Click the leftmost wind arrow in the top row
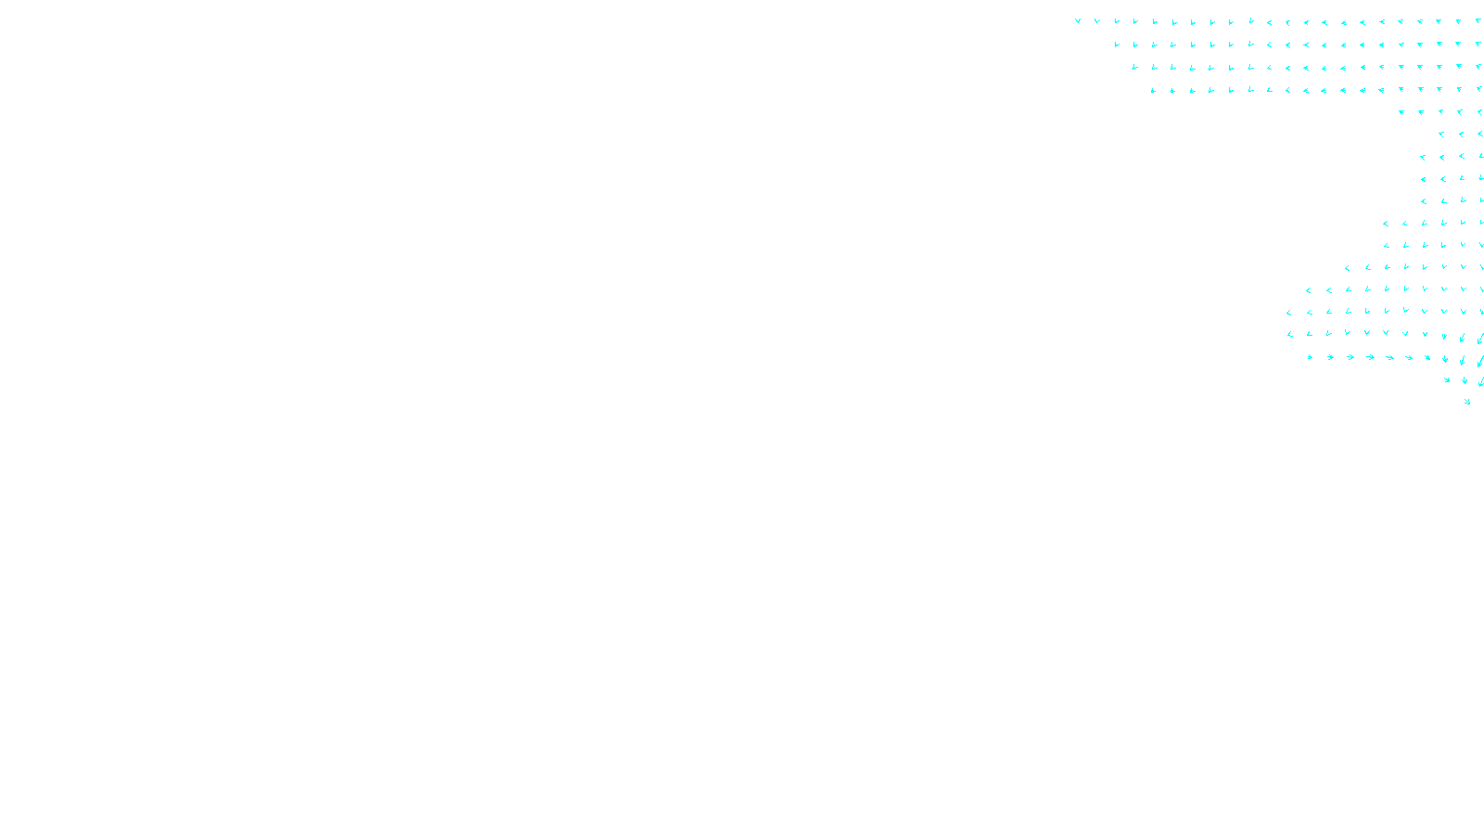[x=1078, y=20]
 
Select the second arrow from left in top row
[x=1097, y=20]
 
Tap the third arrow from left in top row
[x=1117, y=20]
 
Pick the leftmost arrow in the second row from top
[x=1117, y=44]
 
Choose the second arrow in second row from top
[x=1135, y=44]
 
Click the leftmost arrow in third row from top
[x=1135, y=67]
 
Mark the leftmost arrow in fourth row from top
[x=1154, y=90]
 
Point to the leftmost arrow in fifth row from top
[x=1401, y=112]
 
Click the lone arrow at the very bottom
[x=1467, y=402]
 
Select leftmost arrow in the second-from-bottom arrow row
[x=1447, y=379]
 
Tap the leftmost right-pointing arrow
[x=1311, y=357]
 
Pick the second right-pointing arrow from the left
[x=1331, y=357]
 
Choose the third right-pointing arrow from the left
[x=1351, y=357]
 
